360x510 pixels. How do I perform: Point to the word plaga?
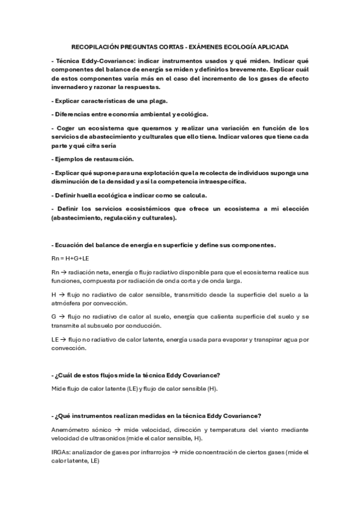click(x=157, y=100)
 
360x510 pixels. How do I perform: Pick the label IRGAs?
click(x=62, y=452)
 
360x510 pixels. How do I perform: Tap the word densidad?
click(x=133, y=181)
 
